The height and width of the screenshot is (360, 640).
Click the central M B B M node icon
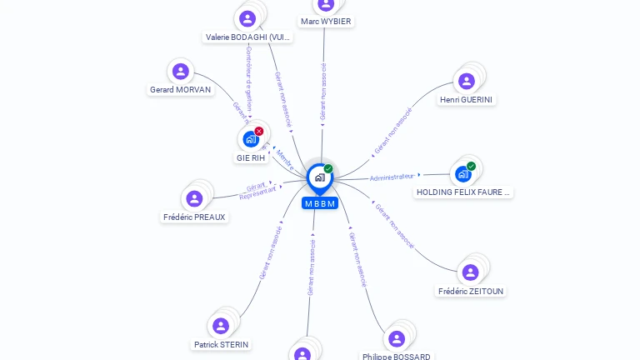(318, 177)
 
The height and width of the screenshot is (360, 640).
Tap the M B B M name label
(320, 203)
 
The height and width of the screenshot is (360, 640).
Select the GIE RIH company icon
(250, 139)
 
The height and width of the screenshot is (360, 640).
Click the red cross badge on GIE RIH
(259, 131)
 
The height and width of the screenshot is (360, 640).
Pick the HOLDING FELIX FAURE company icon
(463, 174)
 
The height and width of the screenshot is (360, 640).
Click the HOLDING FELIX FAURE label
(463, 192)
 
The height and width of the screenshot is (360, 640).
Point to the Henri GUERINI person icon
(467, 81)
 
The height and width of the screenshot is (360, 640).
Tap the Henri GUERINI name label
(467, 100)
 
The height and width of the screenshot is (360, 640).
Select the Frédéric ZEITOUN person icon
(470, 272)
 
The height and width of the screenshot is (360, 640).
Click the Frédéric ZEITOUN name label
(471, 292)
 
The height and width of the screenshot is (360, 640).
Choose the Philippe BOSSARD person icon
(397, 338)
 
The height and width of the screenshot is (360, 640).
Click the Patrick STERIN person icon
(221, 326)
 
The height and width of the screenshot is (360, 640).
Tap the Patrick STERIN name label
(222, 344)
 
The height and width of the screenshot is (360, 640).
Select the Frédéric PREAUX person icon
(194, 198)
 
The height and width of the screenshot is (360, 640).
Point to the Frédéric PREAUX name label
(194, 217)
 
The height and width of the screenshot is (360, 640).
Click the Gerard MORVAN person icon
(180, 72)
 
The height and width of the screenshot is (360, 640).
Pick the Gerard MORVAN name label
(181, 90)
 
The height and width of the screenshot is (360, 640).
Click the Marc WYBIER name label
(326, 22)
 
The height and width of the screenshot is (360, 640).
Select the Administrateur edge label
(392, 177)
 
